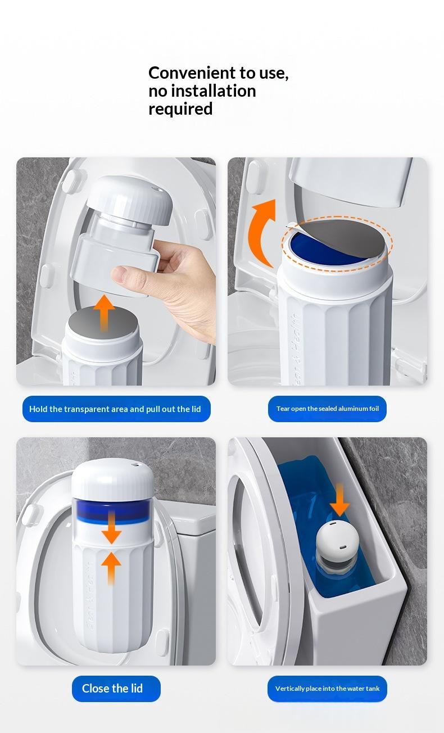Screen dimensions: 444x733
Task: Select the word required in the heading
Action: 180,109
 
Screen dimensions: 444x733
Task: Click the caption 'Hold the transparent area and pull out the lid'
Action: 115,409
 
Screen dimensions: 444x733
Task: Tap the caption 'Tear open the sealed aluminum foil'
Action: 328,409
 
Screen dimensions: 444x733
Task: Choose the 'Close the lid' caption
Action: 112,689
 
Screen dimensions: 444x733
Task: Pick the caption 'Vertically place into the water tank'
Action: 327,689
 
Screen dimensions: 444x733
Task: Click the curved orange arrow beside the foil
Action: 259,234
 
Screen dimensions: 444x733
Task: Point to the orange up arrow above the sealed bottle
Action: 104,313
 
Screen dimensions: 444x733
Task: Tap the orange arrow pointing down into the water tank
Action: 339,500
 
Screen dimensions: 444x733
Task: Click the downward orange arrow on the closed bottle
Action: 112,527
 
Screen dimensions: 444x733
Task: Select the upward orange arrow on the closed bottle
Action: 111,568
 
